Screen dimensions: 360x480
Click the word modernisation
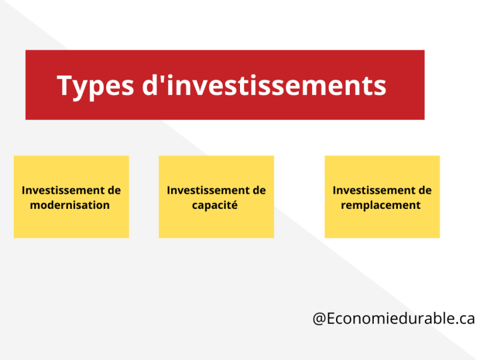click(71, 205)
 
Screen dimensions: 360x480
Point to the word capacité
click(216, 205)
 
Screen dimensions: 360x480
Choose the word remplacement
click(382, 205)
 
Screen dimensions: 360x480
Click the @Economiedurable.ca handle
click(394, 319)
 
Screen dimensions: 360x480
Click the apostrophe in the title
click(166, 78)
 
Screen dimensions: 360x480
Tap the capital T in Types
click(65, 86)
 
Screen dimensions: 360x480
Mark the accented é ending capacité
click(235, 205)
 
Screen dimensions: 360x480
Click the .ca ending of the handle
click(464, 319)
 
